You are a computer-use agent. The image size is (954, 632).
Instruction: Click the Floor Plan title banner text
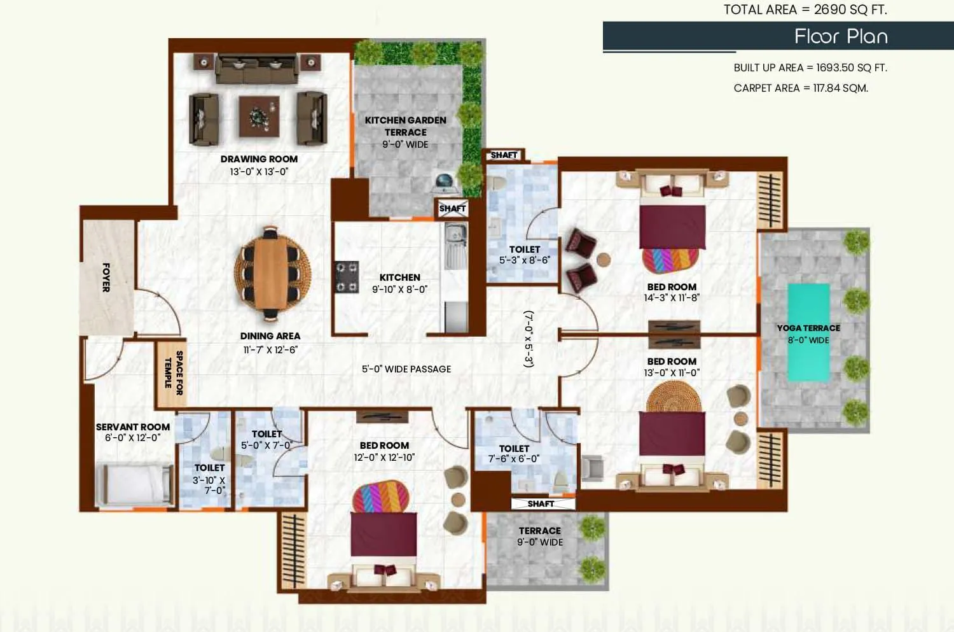840,36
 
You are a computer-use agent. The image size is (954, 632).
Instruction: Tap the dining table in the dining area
272,272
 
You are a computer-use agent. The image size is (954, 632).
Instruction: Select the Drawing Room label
259,159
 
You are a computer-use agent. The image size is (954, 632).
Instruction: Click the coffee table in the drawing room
259,116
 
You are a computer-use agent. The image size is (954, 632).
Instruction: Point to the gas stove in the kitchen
347,277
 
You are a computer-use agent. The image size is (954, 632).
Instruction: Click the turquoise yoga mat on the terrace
808,332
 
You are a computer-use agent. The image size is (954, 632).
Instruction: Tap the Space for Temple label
173,373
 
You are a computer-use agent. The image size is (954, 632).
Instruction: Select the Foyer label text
106,277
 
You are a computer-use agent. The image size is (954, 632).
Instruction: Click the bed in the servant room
134,483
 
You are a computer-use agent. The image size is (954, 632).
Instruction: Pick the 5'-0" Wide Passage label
406,369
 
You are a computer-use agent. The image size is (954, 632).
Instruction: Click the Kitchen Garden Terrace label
405,126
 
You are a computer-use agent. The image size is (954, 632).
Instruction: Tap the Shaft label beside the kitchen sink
452,208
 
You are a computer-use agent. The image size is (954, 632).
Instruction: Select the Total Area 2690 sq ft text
805,10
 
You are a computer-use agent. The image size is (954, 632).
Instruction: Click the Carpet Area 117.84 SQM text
800,88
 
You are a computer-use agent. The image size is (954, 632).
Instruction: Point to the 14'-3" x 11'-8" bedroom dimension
671,298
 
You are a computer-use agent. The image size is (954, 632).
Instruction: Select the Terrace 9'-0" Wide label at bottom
539,537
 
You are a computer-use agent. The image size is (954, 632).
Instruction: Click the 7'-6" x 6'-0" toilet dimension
514,459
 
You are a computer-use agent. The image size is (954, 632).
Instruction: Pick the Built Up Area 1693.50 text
810,67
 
